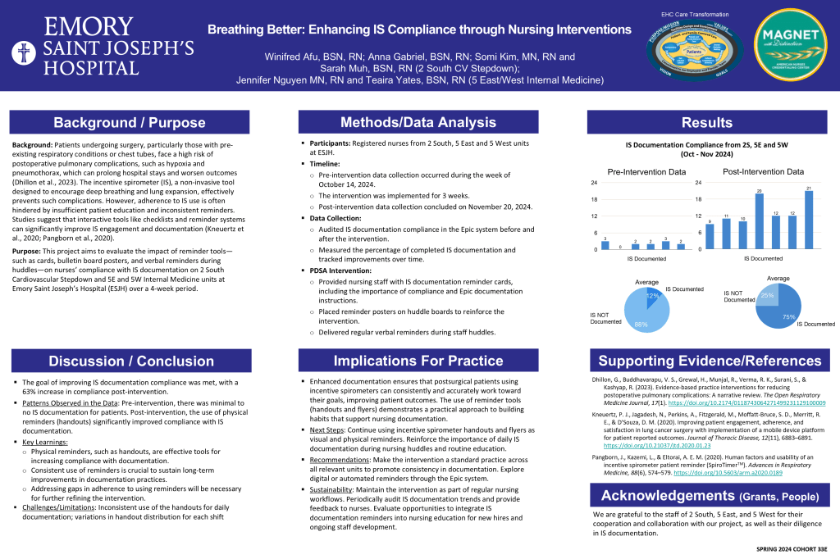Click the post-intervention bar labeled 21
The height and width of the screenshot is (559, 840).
point(809,221)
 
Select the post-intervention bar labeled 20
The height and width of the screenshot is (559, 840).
point(759,222)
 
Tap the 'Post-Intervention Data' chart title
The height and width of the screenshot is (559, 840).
point(762,172)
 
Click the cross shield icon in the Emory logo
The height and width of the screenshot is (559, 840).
point(23,53)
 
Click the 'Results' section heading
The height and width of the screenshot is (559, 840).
point(706,123)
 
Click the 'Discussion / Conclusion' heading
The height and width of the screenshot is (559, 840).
point(129,361)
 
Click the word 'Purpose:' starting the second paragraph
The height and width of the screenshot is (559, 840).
point(30,248)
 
